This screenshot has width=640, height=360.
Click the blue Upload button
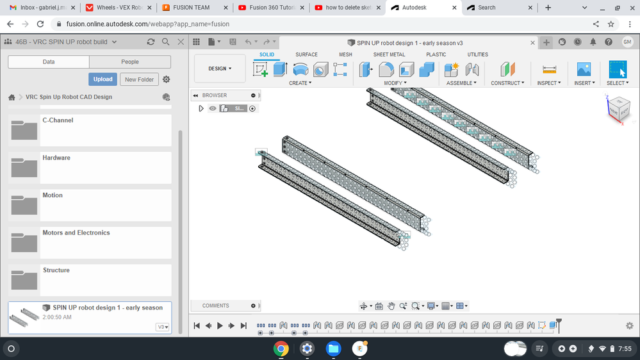click(x=103, y=79)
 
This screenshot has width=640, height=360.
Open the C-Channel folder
click(x=58, y=120)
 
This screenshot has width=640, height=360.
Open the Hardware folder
click(x=56, y=158)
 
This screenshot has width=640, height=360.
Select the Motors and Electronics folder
click(x=76, y=233)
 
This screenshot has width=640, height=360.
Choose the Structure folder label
click(x=56, y=270)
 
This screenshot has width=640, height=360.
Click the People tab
click(x=130, y=62)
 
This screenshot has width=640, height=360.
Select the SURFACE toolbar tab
click(x=306, y=54)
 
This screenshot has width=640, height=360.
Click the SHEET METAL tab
click(x=389, y=54)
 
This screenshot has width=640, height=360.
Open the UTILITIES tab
click(x=477, y=54)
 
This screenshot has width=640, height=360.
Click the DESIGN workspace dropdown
click(x=220, y=69)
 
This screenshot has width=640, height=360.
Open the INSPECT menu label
click(x=549, y=83)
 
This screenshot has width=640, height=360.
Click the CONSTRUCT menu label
click(x=507, y=83)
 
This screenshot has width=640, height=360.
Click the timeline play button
click(x=220, y=325)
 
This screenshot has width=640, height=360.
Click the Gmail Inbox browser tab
click(x=38, y=8)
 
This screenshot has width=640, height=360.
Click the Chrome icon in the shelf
click(x=281, y=348)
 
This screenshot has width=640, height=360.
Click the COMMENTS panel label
click(x=216, y=306)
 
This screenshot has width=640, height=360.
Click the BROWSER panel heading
click(x=215, y=95)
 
